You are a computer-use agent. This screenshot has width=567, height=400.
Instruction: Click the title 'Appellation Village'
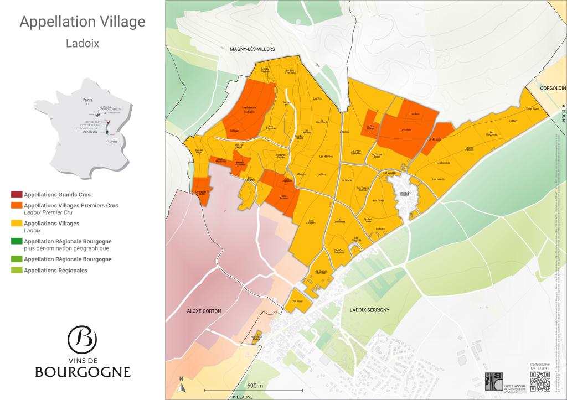point(83,22)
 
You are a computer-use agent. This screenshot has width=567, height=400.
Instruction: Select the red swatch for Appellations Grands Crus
point(16,195)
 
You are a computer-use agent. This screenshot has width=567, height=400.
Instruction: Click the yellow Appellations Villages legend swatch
point(16,224)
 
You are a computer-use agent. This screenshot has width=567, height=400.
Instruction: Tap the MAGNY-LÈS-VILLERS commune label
point(252,49)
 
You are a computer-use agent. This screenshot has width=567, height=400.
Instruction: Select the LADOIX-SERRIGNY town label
point(370,310)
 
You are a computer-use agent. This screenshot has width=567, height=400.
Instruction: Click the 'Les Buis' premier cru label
point(415,115)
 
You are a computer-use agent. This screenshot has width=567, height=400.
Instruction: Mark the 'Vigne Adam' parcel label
point(532,108)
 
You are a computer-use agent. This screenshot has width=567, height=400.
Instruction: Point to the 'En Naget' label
point(234,131)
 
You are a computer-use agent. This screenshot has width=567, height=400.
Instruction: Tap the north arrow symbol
point(181,386)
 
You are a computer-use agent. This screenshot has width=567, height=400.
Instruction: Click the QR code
point(540,382)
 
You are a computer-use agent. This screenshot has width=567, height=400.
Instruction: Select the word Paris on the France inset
point(87,100)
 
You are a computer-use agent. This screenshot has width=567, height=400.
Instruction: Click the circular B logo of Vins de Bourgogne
point(82,338)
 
